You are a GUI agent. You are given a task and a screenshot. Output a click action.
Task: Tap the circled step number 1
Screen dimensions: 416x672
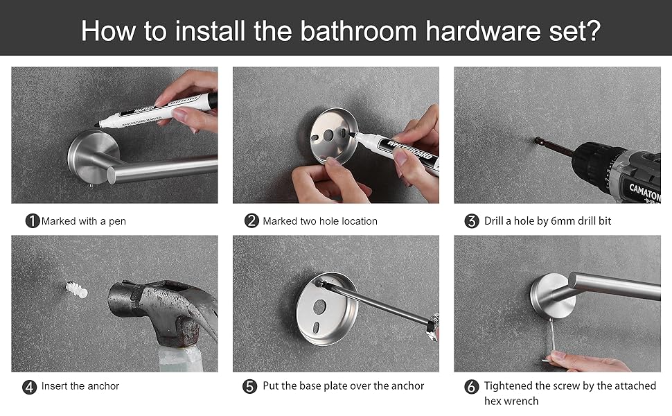[32, 221]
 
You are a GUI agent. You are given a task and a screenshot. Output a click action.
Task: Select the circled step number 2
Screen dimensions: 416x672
[252, 221]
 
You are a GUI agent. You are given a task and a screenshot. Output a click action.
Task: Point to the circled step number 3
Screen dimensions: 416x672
[472, 221]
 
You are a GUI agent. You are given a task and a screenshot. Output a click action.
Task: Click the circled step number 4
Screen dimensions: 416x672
[30, 387]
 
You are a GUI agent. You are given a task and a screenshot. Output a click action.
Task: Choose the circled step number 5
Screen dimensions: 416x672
[250, 387]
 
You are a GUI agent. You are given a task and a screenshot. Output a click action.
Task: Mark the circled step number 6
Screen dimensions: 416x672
[472, 387]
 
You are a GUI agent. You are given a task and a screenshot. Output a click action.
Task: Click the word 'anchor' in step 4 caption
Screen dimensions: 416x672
[103, 386]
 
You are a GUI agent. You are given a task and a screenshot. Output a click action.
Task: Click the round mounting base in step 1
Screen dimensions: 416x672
[87, 156]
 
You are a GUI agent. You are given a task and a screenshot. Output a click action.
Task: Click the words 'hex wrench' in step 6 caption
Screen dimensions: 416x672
[511, 401]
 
